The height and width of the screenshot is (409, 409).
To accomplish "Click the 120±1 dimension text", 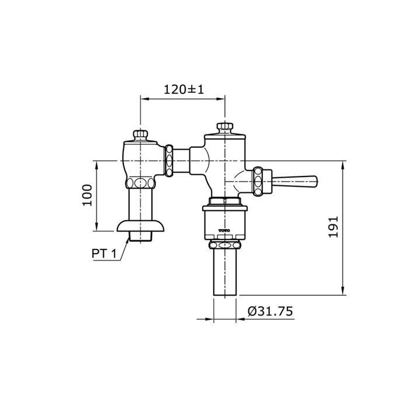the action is click(x=183, y=89).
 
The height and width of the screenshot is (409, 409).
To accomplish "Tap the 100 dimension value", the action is click(x=88, y=195).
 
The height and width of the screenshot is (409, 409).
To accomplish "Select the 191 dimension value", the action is click(x=334, y=227).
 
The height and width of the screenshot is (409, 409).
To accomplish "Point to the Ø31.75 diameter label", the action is click(x=270, y=311).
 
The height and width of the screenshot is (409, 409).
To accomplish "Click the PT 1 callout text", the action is click(x=104, y=253).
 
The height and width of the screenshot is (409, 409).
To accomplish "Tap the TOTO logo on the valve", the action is click(x=224, y=231).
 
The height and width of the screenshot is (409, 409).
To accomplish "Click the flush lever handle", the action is click(x=294, y=182).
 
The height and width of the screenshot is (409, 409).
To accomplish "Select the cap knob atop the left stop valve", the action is click(x=141, y=135).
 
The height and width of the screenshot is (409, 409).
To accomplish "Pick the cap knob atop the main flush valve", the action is click(x=225, y=127).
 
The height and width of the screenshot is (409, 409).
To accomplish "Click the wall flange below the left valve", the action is click(x=140, y=226).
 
